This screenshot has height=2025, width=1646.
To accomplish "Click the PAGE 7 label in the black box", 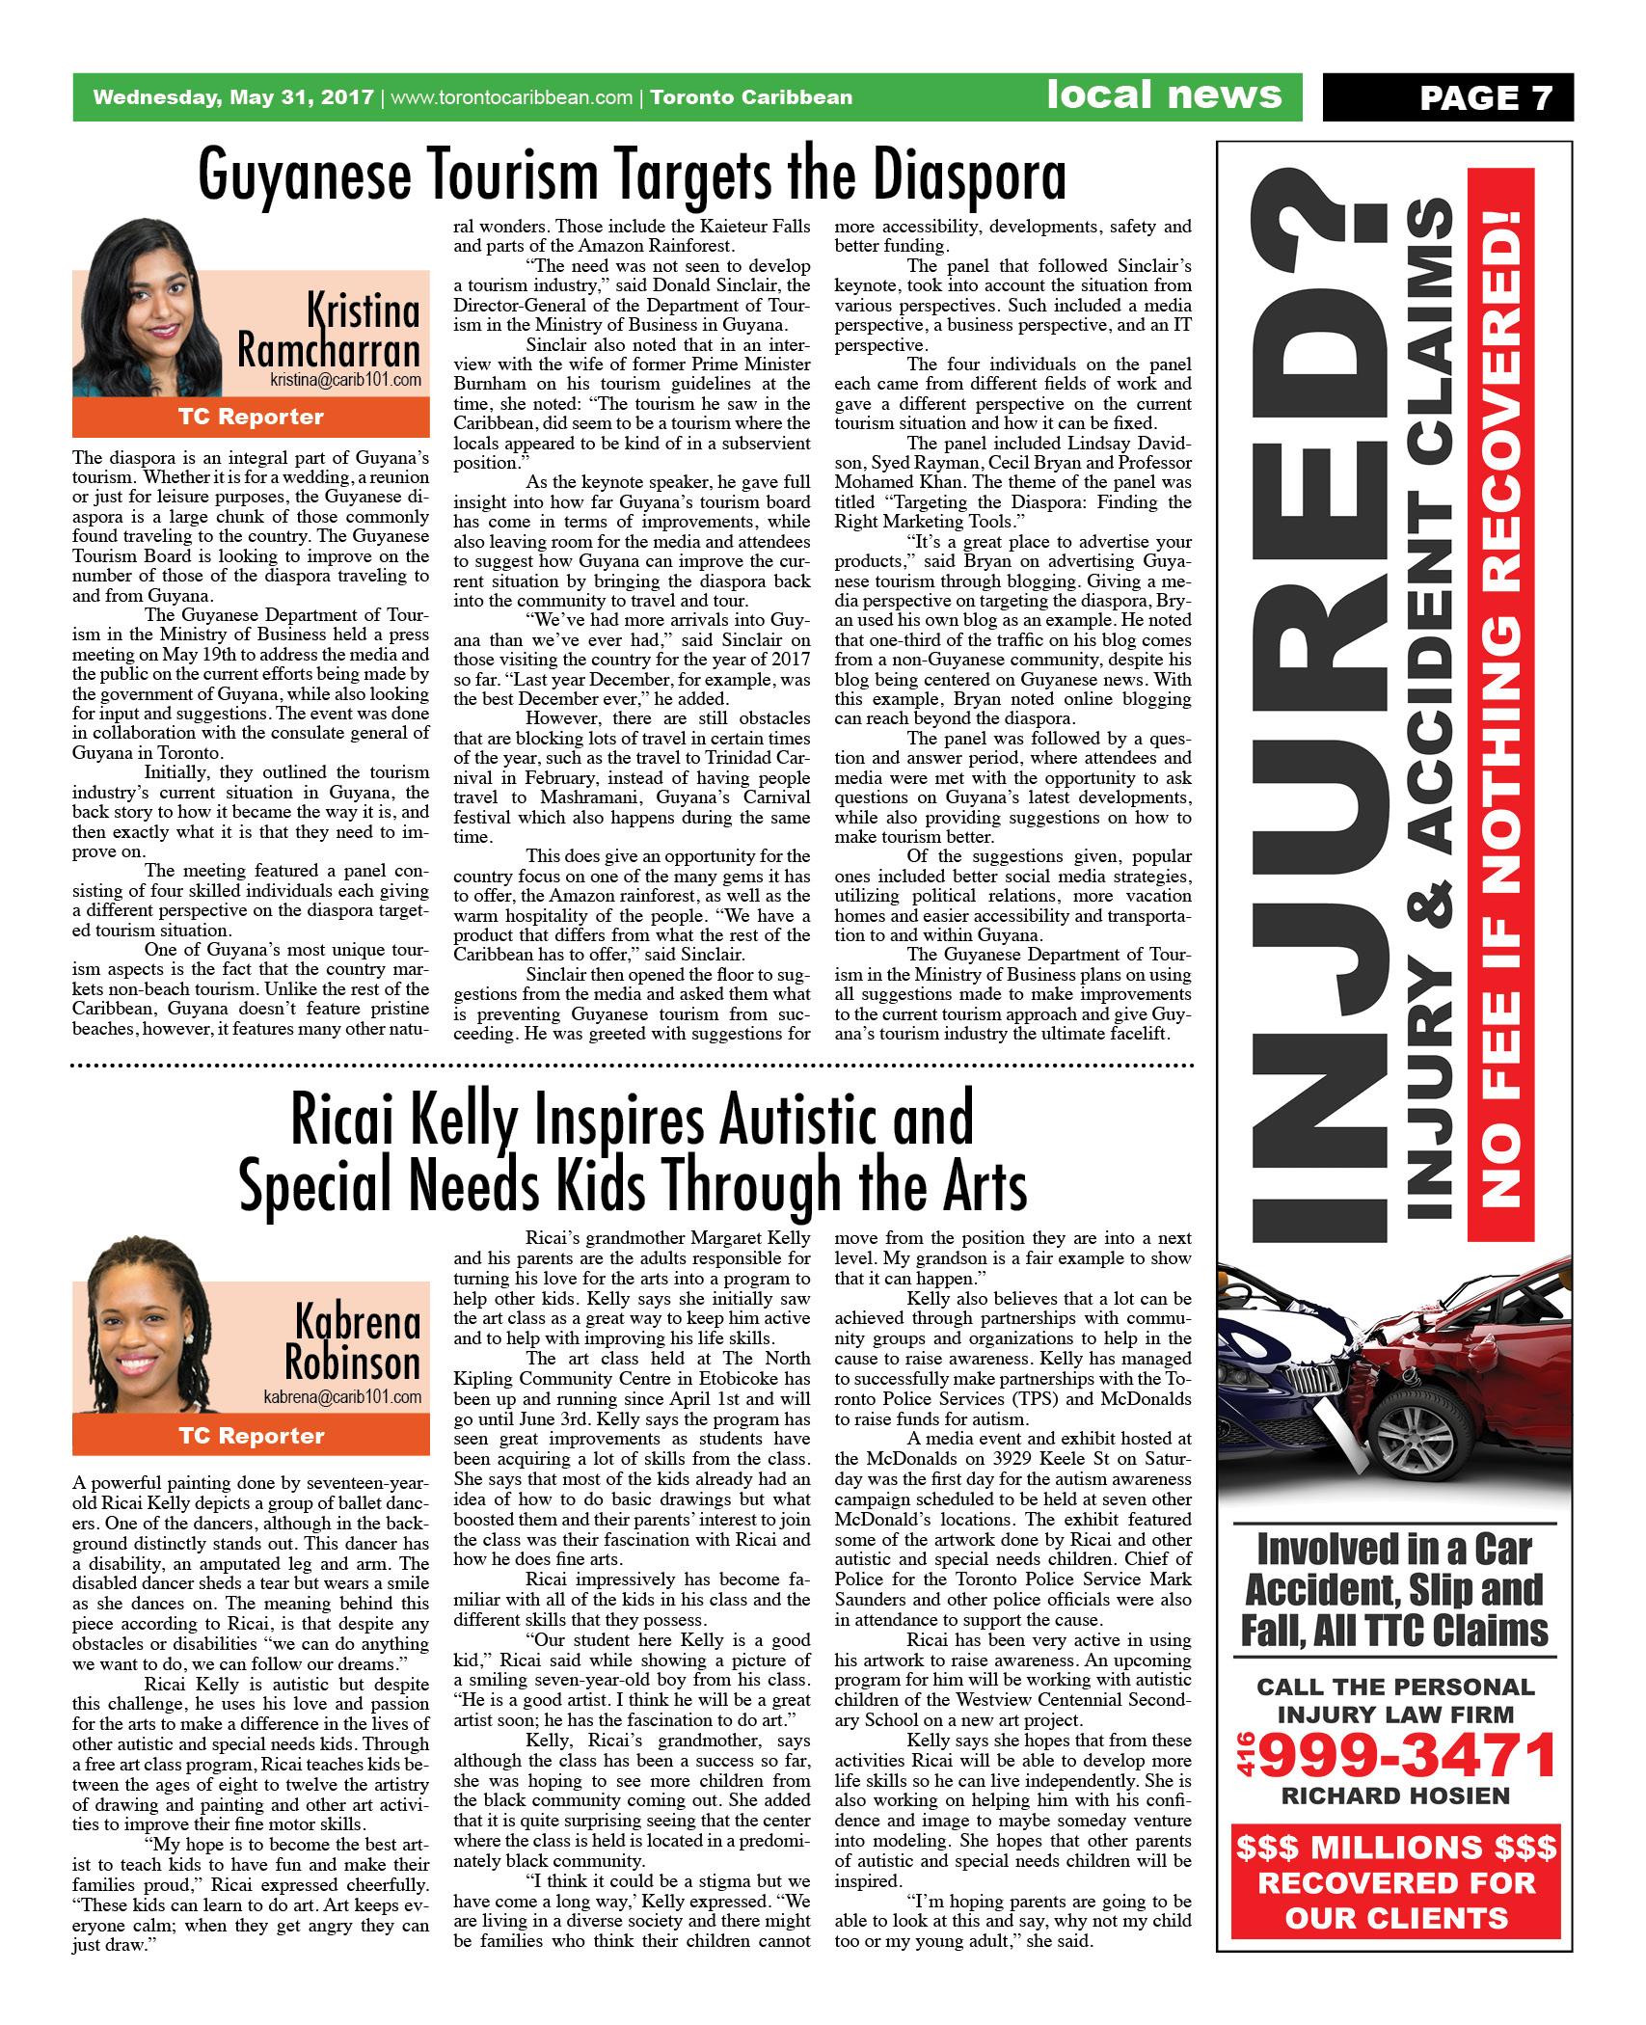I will pyautogui.click(x=1486, y=98).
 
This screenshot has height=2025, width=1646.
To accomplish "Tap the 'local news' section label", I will pyautogui.click(x=1165, y=95).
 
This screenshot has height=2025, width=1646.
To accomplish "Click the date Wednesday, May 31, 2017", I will pyautogui.click(x=232, y=97).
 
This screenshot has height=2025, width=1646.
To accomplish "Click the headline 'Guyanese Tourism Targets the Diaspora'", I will pyautogui.click(x=633, y=175).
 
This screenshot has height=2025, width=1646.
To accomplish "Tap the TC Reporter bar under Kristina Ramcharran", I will pyautogui.click(x=251, y=417).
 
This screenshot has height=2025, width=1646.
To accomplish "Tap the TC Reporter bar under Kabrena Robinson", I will pyautogui.click(x=251, y=1435).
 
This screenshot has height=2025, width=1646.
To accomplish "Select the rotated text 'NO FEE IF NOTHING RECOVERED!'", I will pyautogui.click(x=1500, y=704).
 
